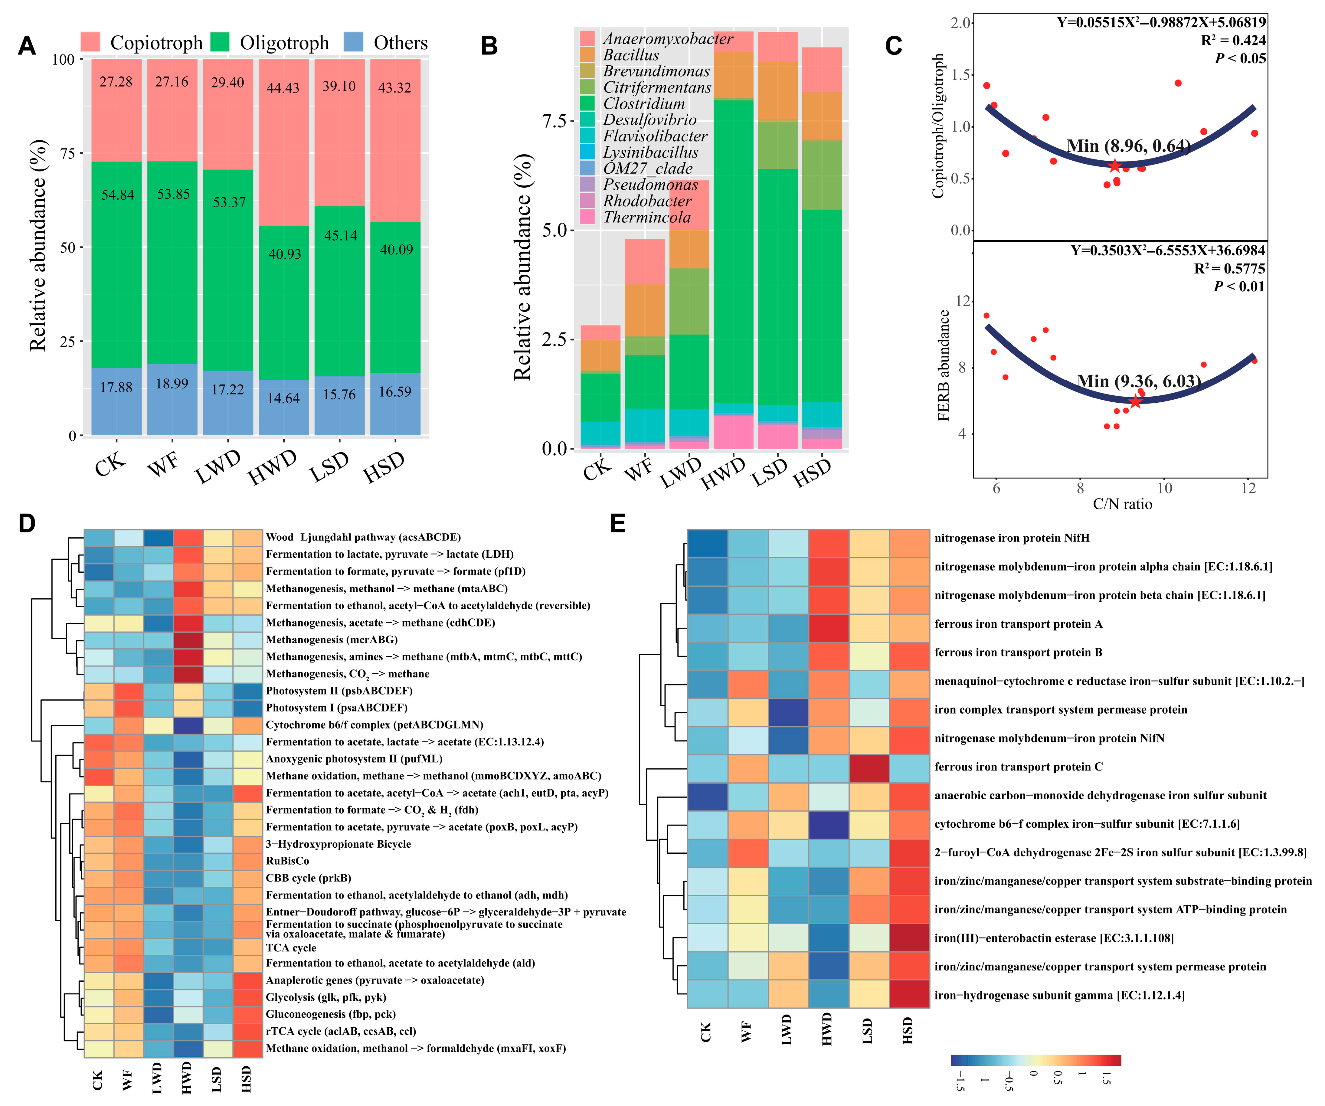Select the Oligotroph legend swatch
pyautogui.click(x=220, y=42)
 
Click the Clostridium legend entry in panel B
pyautogui.click(x=643, y=103)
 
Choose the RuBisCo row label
pyautogui.click(x=288, y=861)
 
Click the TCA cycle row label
pyautogui.click(x=291, y=948)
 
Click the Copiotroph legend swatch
pyautogui.click(x=90, y=42)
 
